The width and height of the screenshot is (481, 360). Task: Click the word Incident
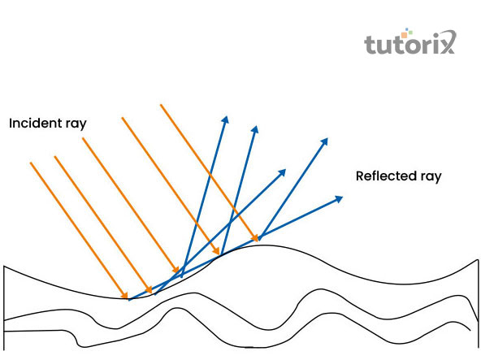(35, 123)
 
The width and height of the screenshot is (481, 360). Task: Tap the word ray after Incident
(76, 124)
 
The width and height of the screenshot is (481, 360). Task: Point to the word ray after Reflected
(431, 177)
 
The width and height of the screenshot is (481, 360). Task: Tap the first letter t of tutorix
(370, 45)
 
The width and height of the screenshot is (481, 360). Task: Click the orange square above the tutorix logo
(404, 34)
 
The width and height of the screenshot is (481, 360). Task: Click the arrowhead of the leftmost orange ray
(124, 295)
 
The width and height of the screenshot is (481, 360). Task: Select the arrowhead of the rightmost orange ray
(255, 238)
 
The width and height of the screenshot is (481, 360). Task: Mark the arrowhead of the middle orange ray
(175, 269)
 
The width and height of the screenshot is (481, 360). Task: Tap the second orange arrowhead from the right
(216, 251)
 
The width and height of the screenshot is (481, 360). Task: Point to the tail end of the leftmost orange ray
(30, 163)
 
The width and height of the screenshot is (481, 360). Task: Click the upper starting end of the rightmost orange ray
(161, 105)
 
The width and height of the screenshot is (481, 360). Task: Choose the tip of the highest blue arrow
(227, 116)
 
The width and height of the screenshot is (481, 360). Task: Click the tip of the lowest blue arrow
(342, 197)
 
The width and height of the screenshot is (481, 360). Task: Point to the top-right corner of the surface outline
(478, 260)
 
